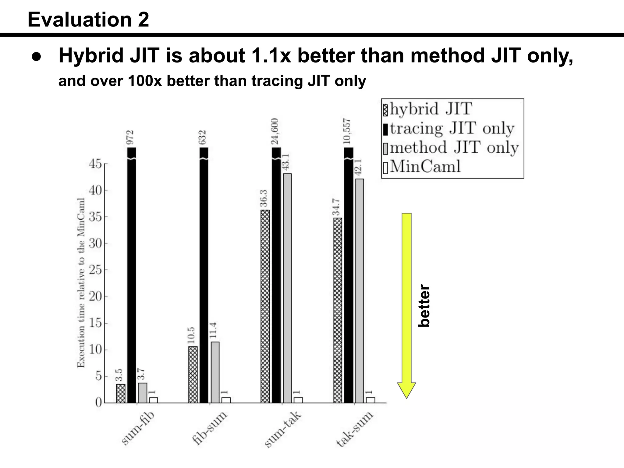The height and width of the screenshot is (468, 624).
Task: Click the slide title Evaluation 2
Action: click(88, 19)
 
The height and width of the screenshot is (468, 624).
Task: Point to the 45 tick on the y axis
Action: click(95, 164)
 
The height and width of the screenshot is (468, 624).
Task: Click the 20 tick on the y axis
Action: click(95, 296)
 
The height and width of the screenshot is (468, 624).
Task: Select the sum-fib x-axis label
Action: click(138, 428)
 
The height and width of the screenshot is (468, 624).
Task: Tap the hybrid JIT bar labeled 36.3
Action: click(265, 306)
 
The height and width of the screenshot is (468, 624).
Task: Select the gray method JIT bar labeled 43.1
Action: click(287, 288)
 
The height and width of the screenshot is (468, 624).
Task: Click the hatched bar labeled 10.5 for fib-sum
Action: click(193, 374)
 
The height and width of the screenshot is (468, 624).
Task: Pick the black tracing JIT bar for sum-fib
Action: click(132, 274)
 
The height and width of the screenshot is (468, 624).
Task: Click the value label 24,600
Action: click(275, 131)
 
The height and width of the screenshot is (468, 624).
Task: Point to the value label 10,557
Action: click(347, 131)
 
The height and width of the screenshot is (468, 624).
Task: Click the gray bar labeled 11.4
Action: click(215, 372)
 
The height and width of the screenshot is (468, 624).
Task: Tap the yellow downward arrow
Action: click(406, 305)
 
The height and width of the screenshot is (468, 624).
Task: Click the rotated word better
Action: click(424, 306)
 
